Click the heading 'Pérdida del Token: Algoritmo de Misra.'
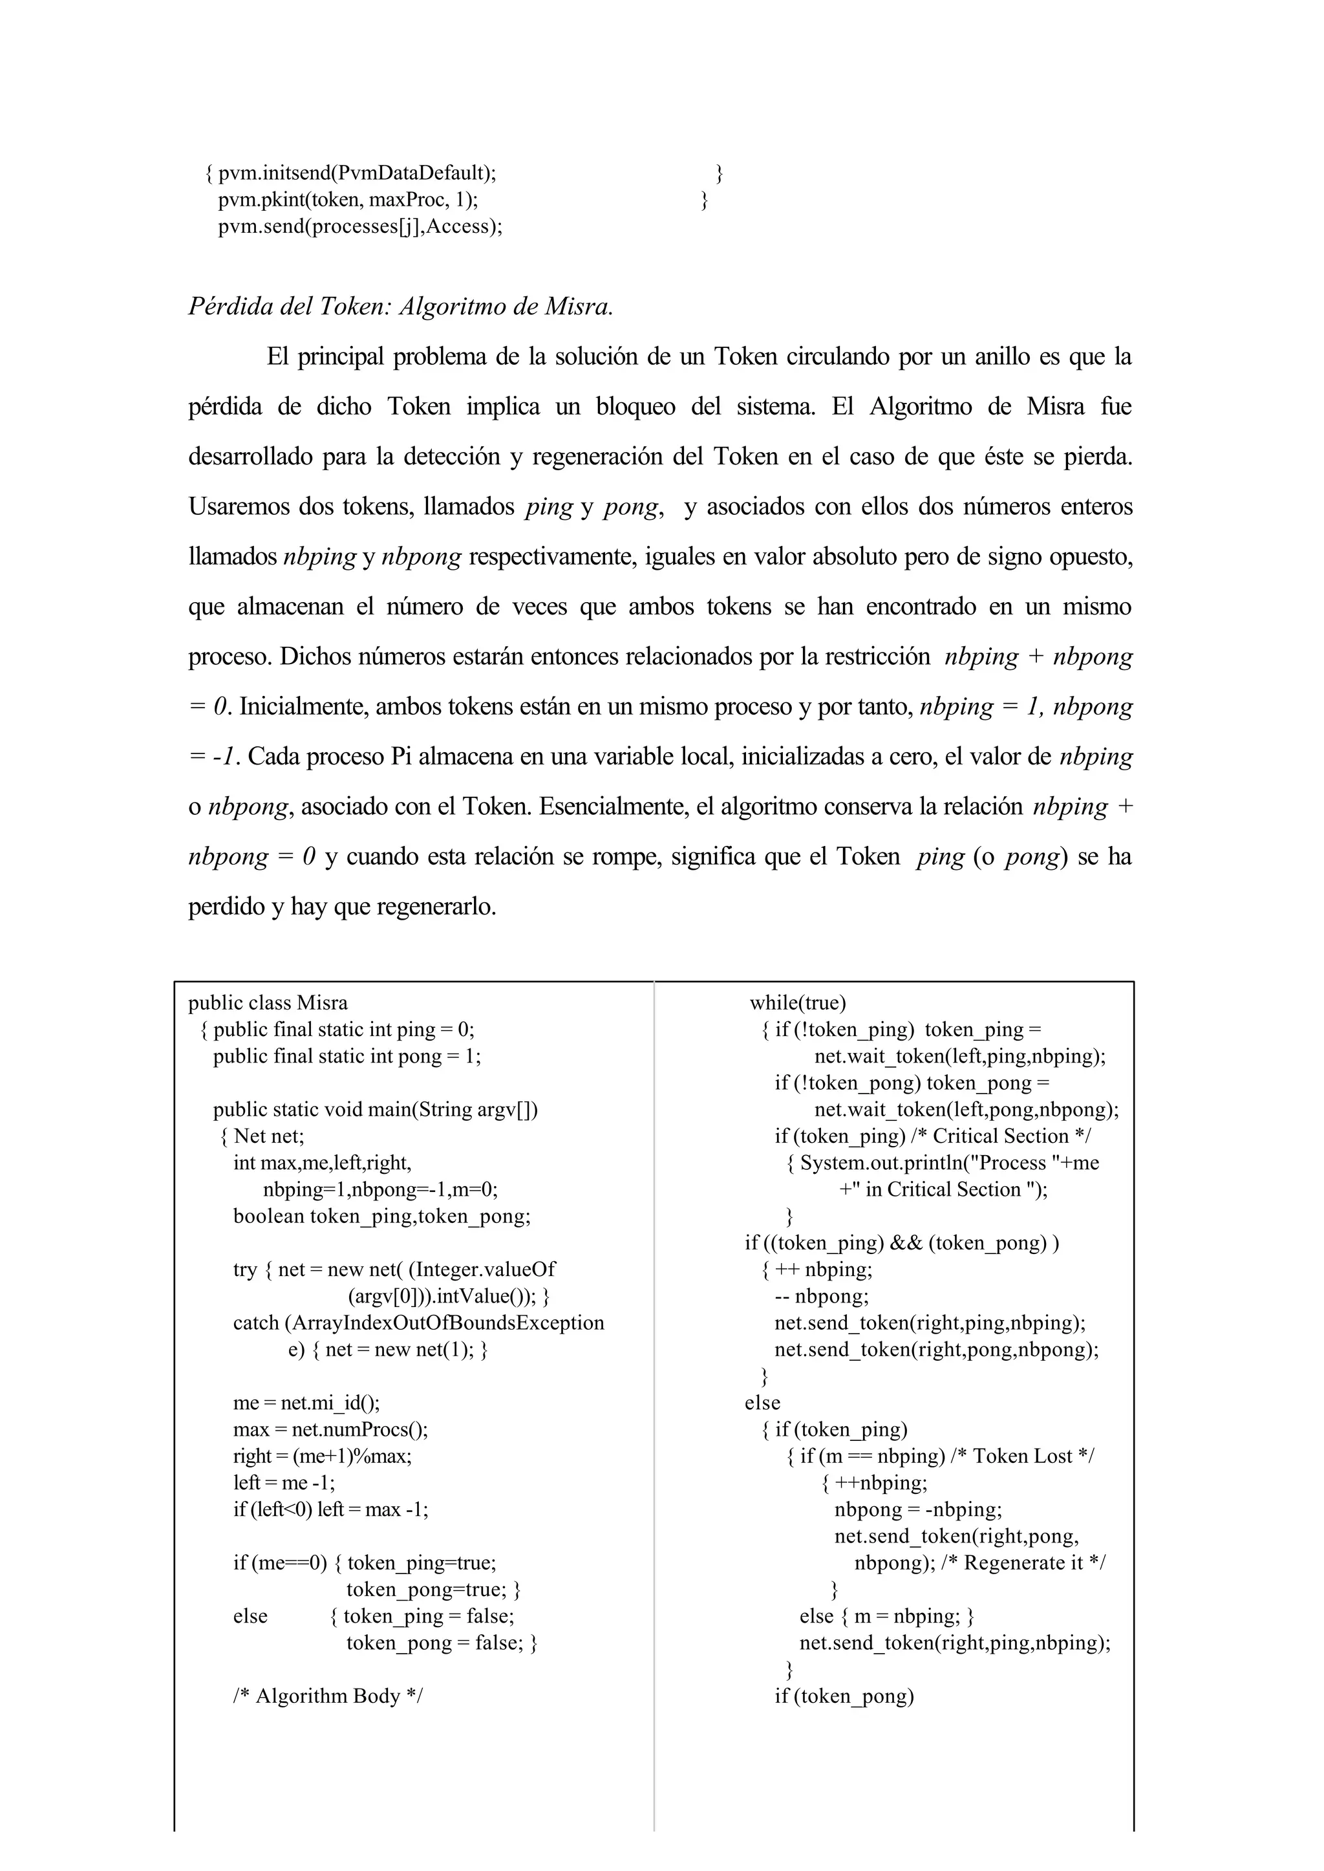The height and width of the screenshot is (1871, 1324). click(400, 307)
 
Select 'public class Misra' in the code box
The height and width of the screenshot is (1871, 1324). click(268, 1002)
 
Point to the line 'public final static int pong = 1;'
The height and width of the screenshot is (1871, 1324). click(347, 1056)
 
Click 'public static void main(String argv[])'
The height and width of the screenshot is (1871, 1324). click(376, 1109)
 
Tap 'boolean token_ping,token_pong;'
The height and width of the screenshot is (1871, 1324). click(381, 1216)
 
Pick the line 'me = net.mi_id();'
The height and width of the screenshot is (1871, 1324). click(306, 1402)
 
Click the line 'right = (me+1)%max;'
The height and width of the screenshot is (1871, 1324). click(323, 1456)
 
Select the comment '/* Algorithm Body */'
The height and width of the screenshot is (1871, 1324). click(328, 1696)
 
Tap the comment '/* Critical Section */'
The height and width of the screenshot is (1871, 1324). click(1011, 1136)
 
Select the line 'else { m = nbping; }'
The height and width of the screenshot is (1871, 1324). click(886, 1616)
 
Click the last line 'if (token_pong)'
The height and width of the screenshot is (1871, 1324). click(844, 1696)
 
